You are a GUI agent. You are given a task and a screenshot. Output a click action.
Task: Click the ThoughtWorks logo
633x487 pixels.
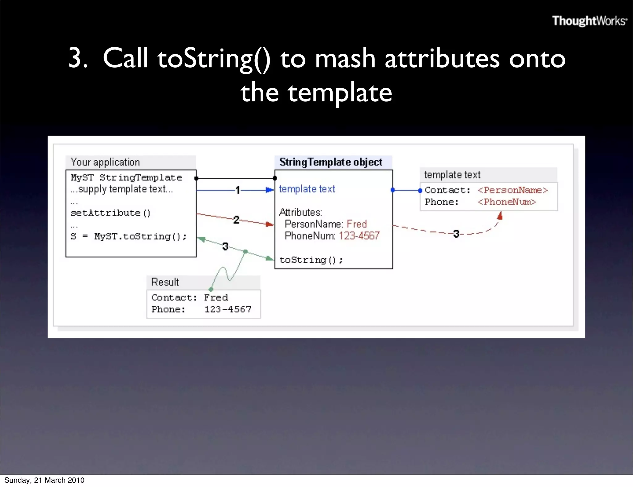click(589, 21)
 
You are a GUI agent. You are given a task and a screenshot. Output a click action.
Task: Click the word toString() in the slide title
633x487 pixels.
click(214, 59)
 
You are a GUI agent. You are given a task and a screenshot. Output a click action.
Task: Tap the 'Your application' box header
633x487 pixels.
click(105, 162)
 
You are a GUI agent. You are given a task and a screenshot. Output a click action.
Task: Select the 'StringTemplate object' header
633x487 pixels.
click(331, 162)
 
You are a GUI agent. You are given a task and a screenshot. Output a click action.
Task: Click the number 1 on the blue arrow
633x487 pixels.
click(237, 190)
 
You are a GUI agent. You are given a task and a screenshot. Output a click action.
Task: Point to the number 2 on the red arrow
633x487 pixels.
click(236, 220)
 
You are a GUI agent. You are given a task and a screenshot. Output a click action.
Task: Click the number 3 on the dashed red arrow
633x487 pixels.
click(456, 234)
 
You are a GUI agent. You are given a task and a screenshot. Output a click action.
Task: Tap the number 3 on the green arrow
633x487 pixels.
click(225, 246)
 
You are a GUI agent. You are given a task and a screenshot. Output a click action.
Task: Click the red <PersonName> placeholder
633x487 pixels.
click(512, 190)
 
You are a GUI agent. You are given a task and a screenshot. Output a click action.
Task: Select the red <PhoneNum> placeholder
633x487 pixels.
click(507, 202)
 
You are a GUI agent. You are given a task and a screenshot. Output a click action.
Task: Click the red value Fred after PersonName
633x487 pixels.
click(357, 224)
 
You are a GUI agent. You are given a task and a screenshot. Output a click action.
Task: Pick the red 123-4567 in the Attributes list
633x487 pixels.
click(359, 236)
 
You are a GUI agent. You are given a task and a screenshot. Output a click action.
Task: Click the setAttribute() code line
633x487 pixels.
click(110, 213)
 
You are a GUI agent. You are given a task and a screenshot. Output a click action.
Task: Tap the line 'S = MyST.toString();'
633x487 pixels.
click(129, 237)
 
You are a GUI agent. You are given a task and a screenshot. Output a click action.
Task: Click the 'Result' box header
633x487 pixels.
click(165, 282)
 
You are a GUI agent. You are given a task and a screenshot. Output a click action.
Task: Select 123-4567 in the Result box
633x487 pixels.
click(228, 309)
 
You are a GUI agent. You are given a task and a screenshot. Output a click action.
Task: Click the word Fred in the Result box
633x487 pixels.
click(216, 298)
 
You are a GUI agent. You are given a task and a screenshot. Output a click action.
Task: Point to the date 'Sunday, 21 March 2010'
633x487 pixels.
click(44, 480)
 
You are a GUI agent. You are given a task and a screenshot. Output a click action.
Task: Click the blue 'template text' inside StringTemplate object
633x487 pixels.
click(307, 189)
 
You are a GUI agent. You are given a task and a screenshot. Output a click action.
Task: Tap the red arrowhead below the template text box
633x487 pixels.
click(500, 216)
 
